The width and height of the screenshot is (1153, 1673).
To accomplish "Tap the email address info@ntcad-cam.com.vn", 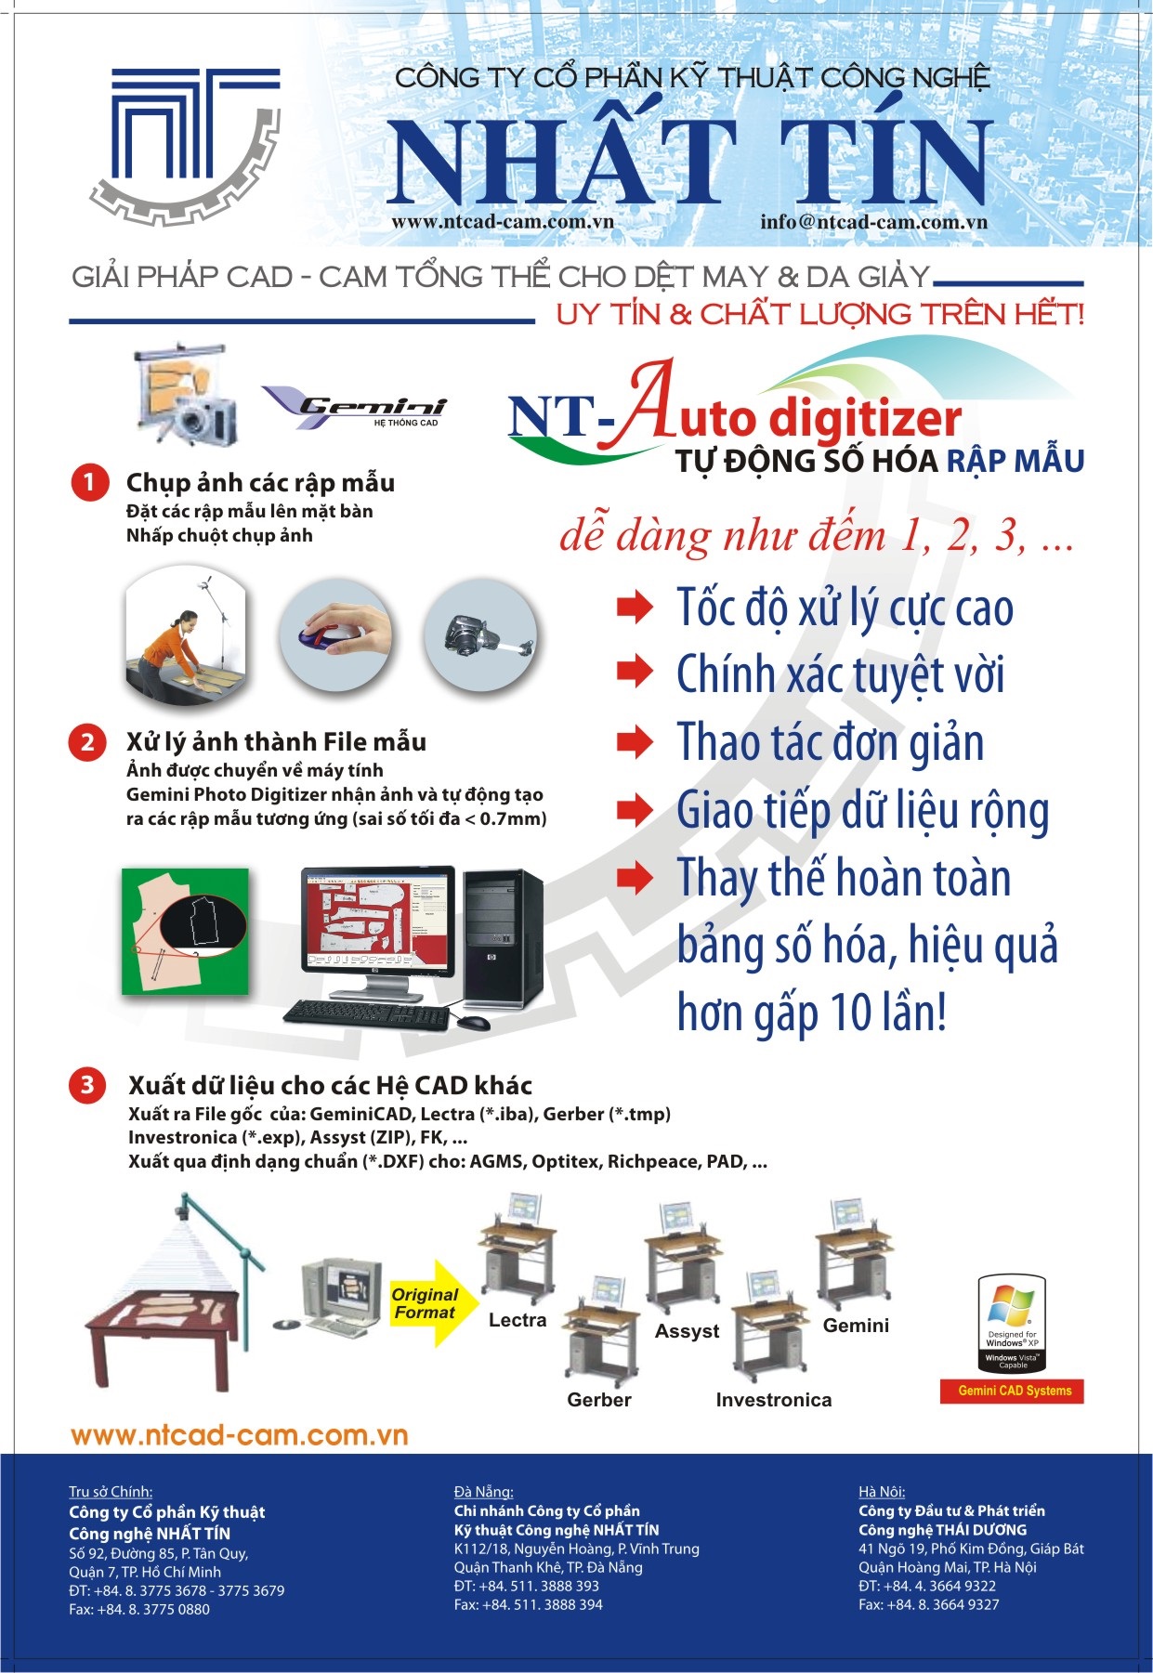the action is point(873,222).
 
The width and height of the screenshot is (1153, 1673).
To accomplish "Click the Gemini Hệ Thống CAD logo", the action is point(356,407).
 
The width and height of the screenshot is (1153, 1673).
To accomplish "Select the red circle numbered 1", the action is point(90,482).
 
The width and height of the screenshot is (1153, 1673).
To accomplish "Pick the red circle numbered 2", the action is point(87,741).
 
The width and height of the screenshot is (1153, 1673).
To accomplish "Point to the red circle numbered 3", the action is point(87,1084).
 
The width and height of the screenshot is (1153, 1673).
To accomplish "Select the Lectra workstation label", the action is point(518,1320).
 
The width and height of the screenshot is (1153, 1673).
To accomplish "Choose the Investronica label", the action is point(774,1400).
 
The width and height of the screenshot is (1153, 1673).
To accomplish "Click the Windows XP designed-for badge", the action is point(1012,1324).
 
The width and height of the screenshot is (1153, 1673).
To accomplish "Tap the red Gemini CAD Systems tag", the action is point(1015,1391).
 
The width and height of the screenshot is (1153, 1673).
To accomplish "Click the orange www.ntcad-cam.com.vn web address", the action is point(240,1435).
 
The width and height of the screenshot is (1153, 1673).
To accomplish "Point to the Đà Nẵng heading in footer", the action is point(483,1492).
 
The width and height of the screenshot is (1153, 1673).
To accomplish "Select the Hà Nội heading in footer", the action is point(882,1492).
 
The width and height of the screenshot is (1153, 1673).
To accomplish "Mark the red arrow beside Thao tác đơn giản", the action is point(635,740).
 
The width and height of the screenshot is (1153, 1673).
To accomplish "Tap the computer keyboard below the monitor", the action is point(368,1014).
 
